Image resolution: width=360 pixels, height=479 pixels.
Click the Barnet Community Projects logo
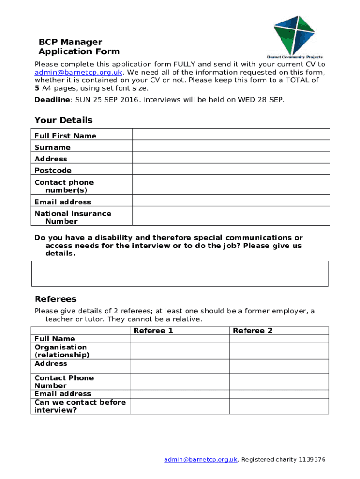[x=295, y=36]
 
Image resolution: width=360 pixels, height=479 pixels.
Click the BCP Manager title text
[x=70, y=42]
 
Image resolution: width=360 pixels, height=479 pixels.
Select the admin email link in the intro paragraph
[x=78, y=72]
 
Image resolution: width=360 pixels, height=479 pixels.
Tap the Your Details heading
[x=63, y=120]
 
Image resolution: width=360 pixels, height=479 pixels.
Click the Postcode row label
[x=53, y=170]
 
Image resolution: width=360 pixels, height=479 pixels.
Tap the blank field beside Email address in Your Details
[x=231, y=201]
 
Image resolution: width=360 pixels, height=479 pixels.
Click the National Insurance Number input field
[x=231, y=217]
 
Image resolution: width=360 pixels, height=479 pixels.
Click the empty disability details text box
[x=180, y=274]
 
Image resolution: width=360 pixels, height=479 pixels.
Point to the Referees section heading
[x=55, y=299]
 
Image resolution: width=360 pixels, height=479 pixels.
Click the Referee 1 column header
[x=153, y=331]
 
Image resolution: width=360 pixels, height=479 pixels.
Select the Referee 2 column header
[x=252, y=331]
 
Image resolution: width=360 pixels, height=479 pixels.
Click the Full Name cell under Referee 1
[x=179, y=339]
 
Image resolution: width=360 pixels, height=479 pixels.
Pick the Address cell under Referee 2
[x=279, y=366]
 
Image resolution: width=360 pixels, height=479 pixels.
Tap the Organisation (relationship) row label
[x=61, y=351]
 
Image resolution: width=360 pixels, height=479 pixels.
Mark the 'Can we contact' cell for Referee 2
[x=279, y=406]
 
